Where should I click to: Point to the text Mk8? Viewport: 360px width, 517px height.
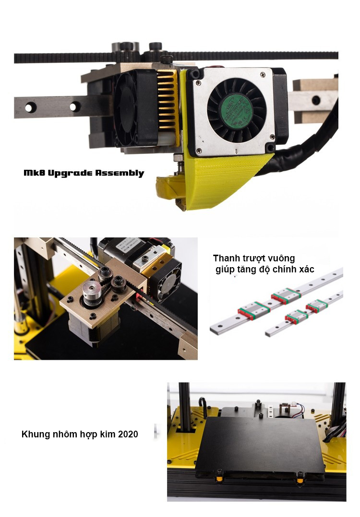click(x=34, y=173)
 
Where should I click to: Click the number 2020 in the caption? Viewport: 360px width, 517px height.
click(x=128, y=434)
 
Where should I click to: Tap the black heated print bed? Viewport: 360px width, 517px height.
click(x=260, y=447)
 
